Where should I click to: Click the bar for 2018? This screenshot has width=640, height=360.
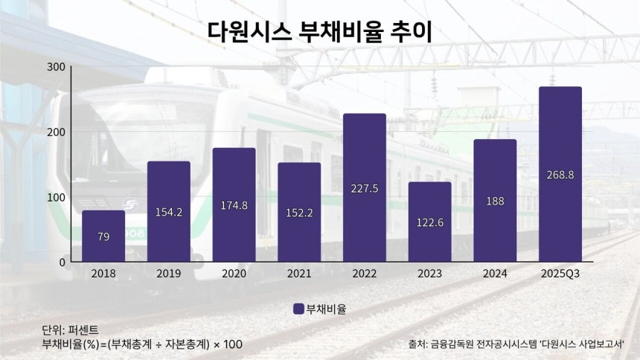[x=103, y=236]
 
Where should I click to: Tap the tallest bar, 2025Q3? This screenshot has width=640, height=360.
[x=560, y=174]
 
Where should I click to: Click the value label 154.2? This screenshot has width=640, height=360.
[x=169, y=212]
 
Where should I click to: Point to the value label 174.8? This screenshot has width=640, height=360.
[x=234, y=205]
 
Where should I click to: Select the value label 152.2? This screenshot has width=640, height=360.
[x=299, y=213]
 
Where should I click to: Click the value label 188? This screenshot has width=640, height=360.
[x=495, y=200]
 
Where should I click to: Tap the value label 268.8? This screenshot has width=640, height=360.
[x=560, y=175]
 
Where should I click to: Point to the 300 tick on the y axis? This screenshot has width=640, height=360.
[x=56, y=67]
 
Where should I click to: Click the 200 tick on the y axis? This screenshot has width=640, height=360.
[x=56, y=132]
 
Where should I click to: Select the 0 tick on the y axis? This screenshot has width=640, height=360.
[x=63, y=263]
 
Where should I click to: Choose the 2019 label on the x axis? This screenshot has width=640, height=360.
[x=169, y=274]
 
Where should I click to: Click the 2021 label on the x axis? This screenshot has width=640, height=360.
[x=299, y=274]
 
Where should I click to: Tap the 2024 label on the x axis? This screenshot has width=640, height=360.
[x=495, y=274]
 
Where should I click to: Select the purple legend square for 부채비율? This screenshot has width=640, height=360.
[x=298, y=309]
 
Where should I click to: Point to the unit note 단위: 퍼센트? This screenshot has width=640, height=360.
[x=70, y=330]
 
